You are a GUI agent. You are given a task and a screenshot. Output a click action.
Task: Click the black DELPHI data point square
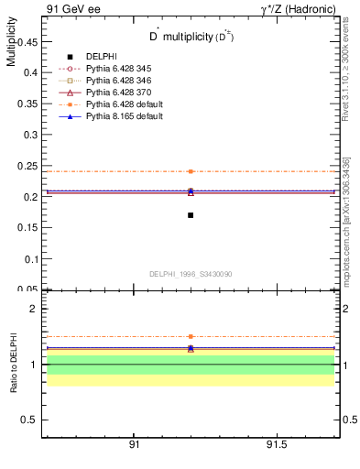click(191, 215)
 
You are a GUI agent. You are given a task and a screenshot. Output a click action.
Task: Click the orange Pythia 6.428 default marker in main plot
click(191, 171)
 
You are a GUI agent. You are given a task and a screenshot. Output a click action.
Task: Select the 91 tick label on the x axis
click(134, 444)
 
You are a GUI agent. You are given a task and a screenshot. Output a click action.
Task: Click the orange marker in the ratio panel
click(191, 337)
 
